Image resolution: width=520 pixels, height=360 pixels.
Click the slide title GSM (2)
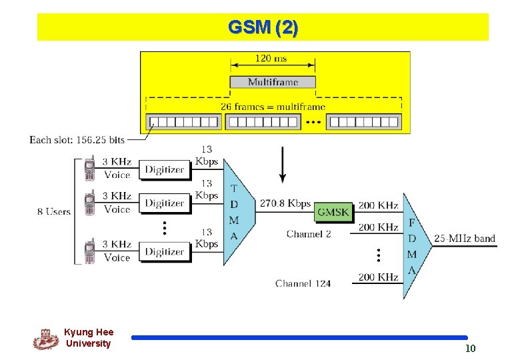[263, 27]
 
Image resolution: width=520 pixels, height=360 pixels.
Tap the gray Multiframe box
[273, 82]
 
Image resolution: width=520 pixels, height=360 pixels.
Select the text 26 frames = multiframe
[273, 107]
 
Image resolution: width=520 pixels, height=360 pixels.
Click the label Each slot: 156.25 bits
[77, 140]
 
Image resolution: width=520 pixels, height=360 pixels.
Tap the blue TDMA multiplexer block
[237, 212]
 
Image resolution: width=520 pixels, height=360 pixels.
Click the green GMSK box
[333, 212]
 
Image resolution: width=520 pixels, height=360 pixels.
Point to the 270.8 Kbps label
[285, 203]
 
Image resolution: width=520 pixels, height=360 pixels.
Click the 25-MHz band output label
[465, 238]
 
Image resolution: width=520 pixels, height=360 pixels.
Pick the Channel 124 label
[303, 283]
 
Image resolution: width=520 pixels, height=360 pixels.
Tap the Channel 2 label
[309, 233]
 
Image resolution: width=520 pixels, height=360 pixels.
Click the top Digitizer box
[165, 169]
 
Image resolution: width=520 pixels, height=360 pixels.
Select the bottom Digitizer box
[165, 251]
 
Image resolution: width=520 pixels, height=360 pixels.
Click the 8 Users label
[54, 211]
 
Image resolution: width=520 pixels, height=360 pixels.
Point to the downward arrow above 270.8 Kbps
[283, 167]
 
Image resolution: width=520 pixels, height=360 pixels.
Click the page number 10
[470, 349]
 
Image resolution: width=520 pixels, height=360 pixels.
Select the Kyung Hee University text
[89, 338]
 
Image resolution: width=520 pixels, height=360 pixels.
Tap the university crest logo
[46, 339]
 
